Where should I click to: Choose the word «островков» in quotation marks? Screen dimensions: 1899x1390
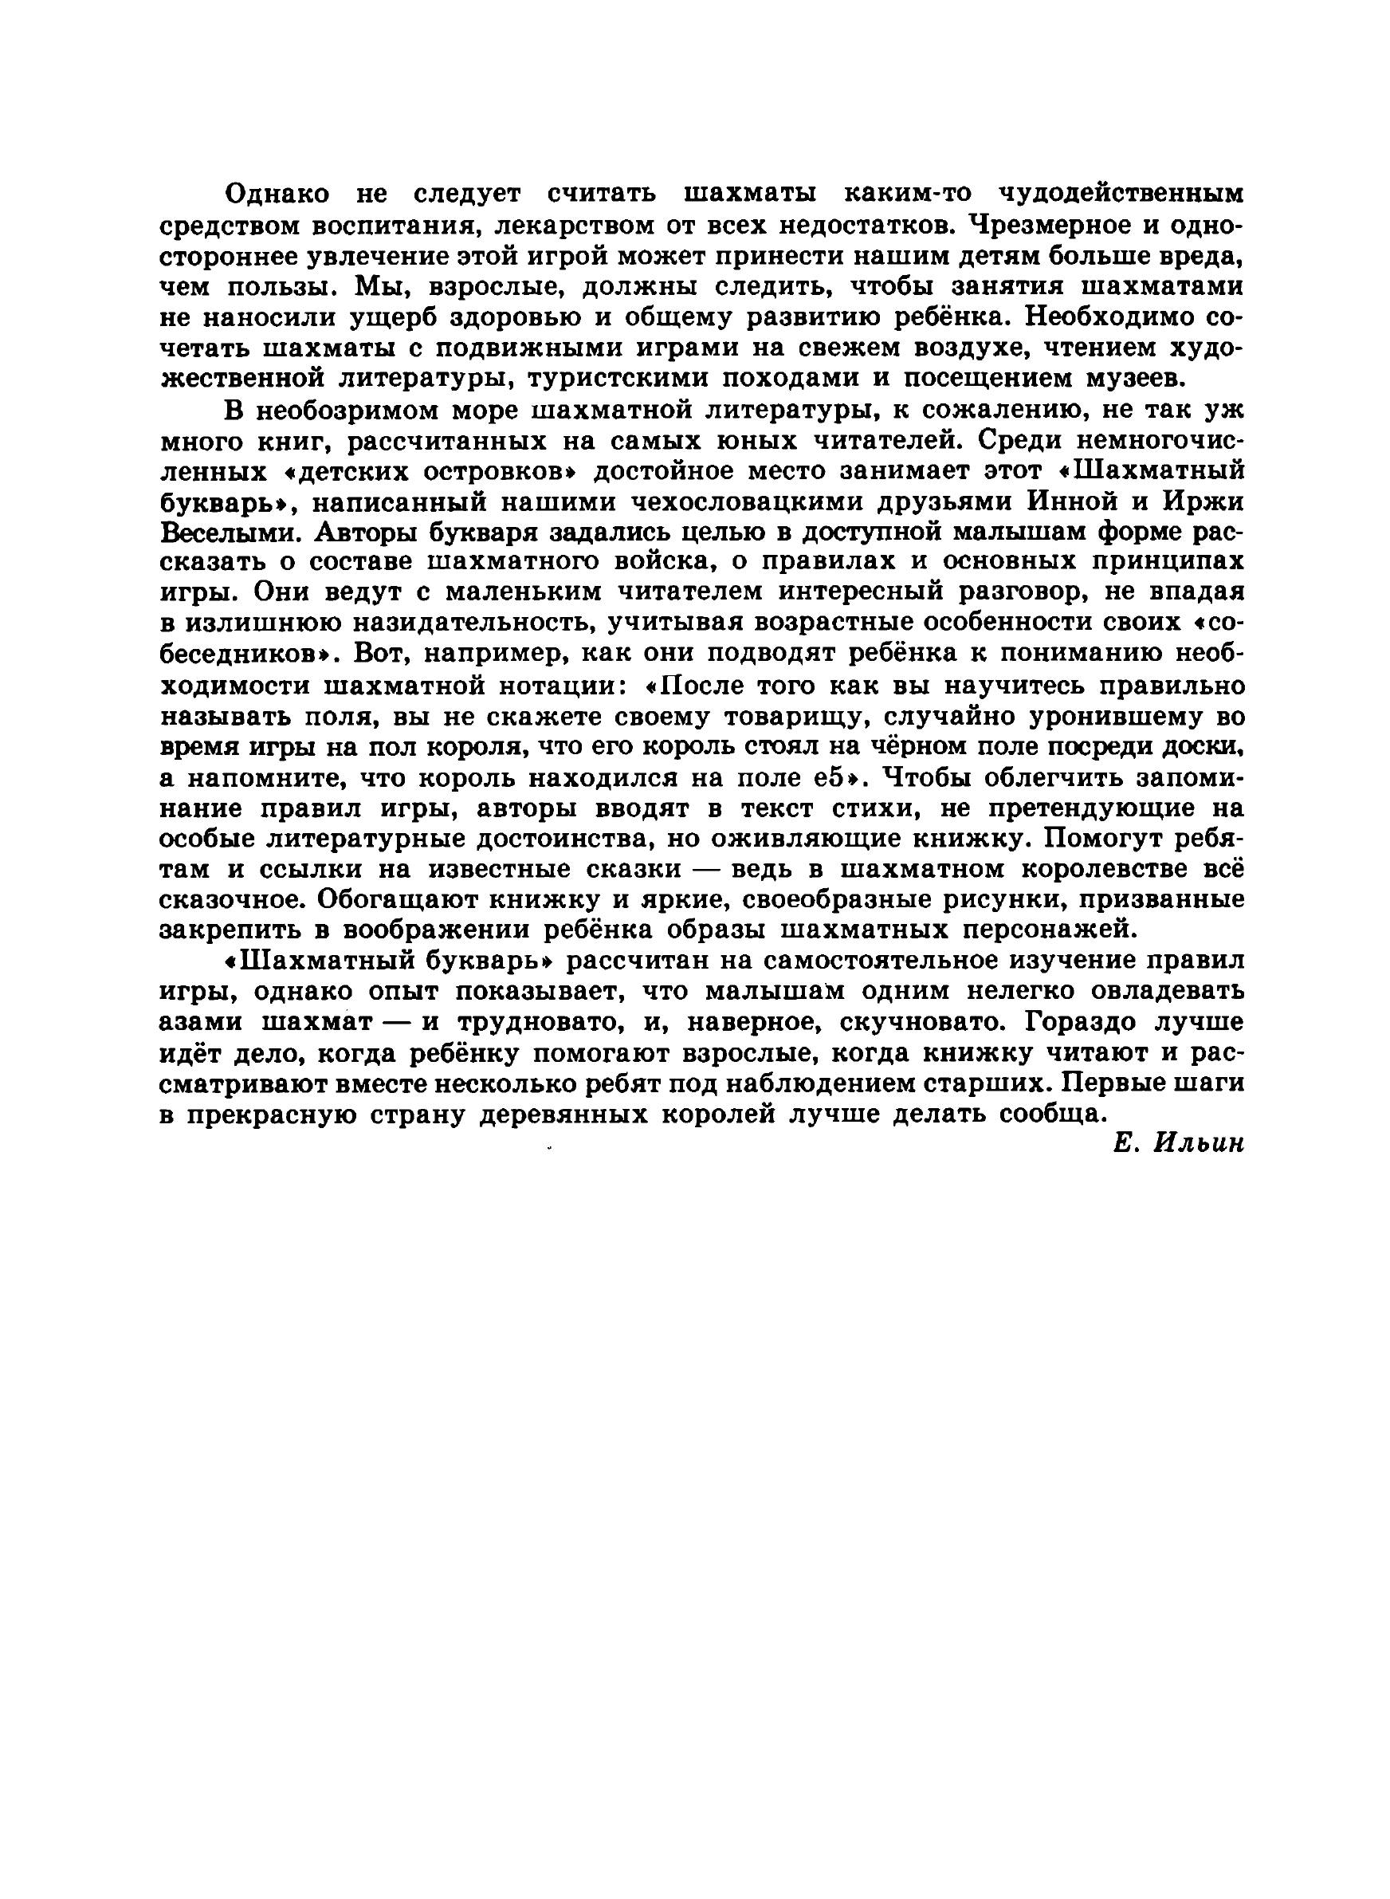point(465,472)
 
